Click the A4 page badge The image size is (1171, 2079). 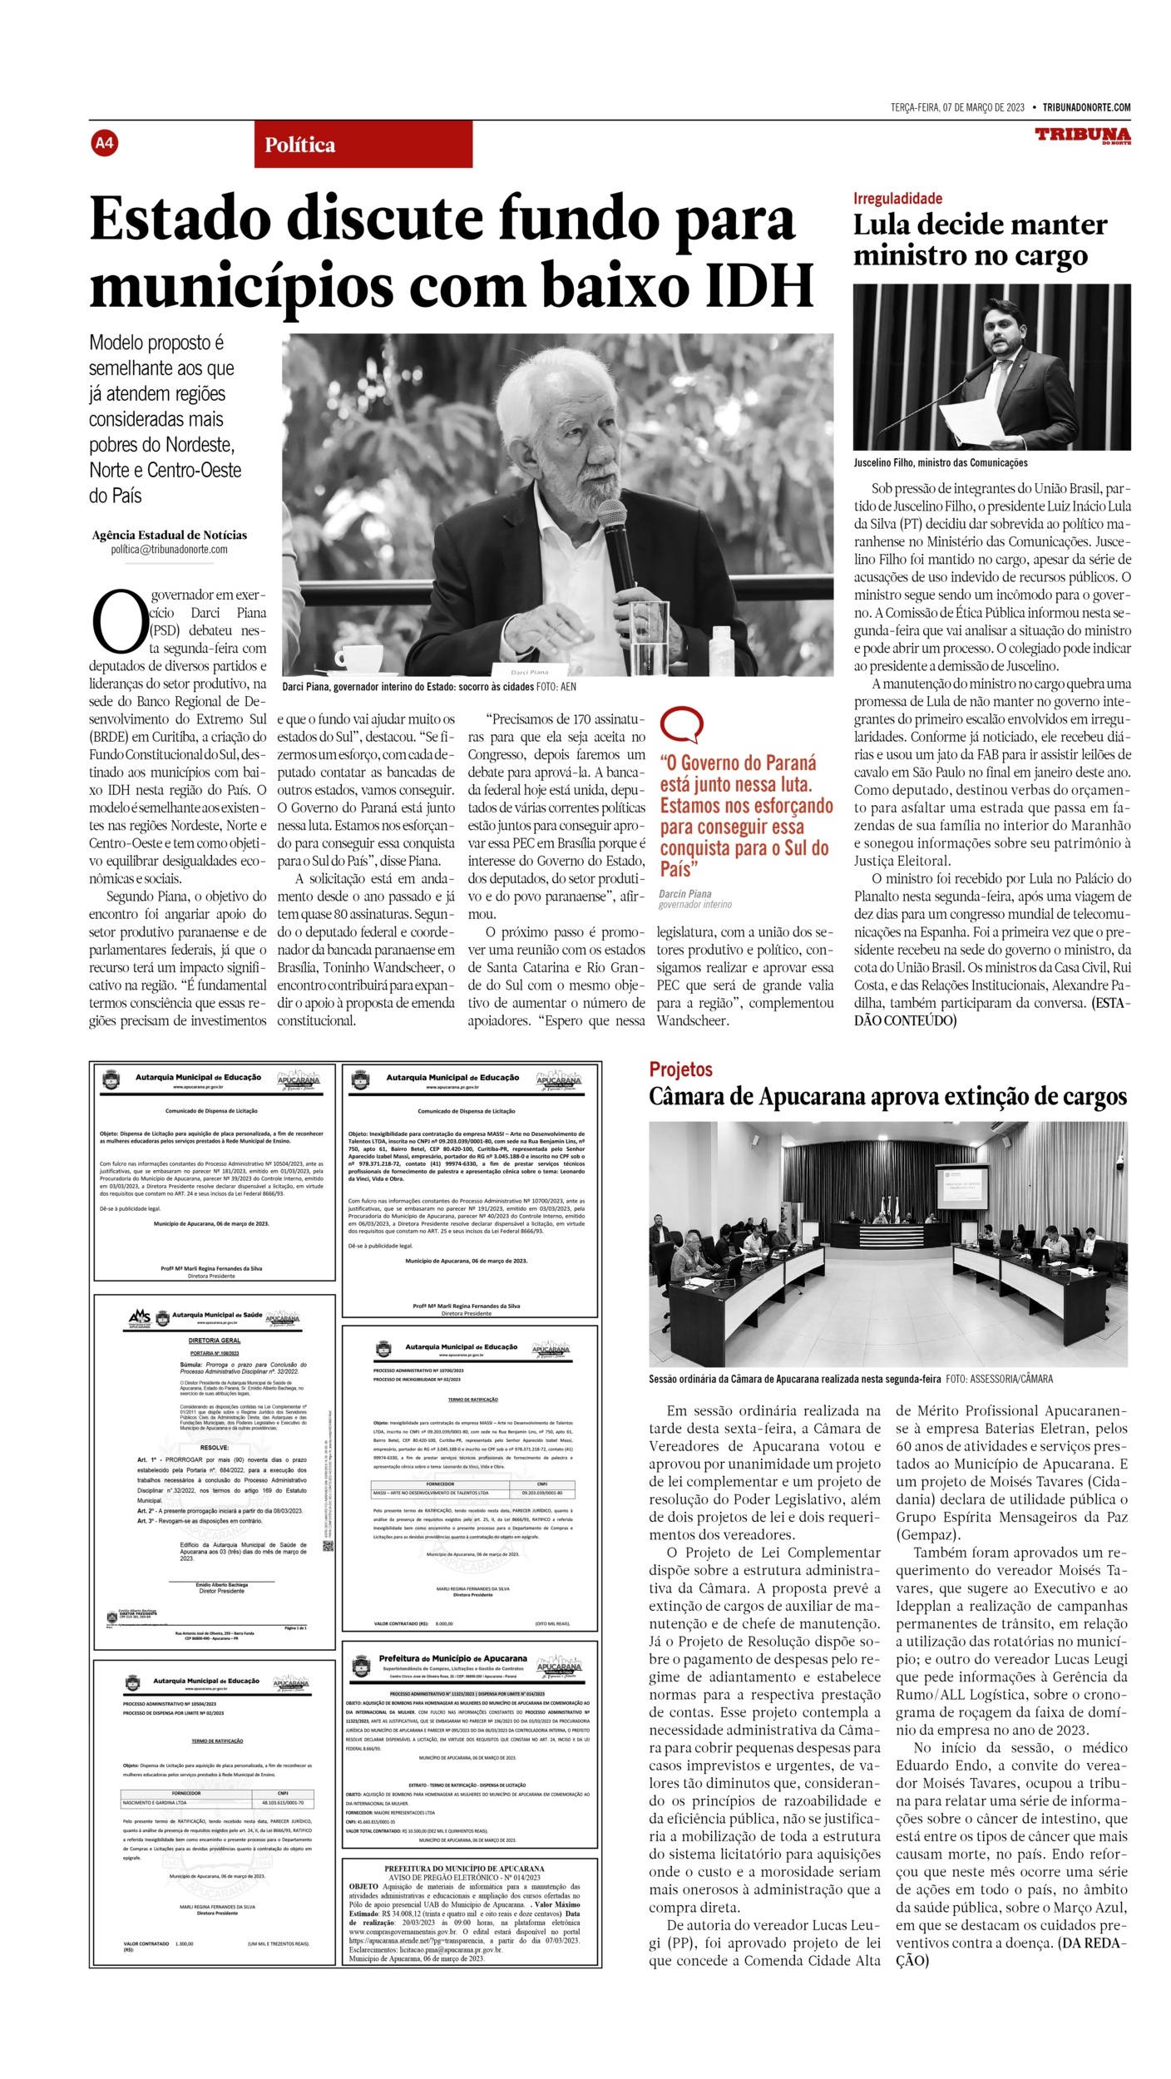pyautogui.click(x=104, y=143)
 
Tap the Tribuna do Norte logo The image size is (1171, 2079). pyautogui.click(x=1082, y=136)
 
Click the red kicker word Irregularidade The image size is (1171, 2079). pyautogui.click(x=897, y=198)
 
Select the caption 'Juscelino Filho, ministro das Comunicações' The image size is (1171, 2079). pyautogui.click(x=940, y=462)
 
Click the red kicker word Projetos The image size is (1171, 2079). pyautogui.click(x=680, y=1069)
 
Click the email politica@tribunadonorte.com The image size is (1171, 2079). pyautogui.click(x=169, y=550)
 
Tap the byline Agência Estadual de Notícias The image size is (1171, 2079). pyautogui.click(x=169, y=535)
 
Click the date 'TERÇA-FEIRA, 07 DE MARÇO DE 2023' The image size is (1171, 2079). pyautogui.click(x=956, y=107)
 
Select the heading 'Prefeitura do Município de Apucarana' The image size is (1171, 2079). pyautogui.click(x=452, y=1658)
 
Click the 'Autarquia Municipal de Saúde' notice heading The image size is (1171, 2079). pyautogui.click(x=216, y=1315)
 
